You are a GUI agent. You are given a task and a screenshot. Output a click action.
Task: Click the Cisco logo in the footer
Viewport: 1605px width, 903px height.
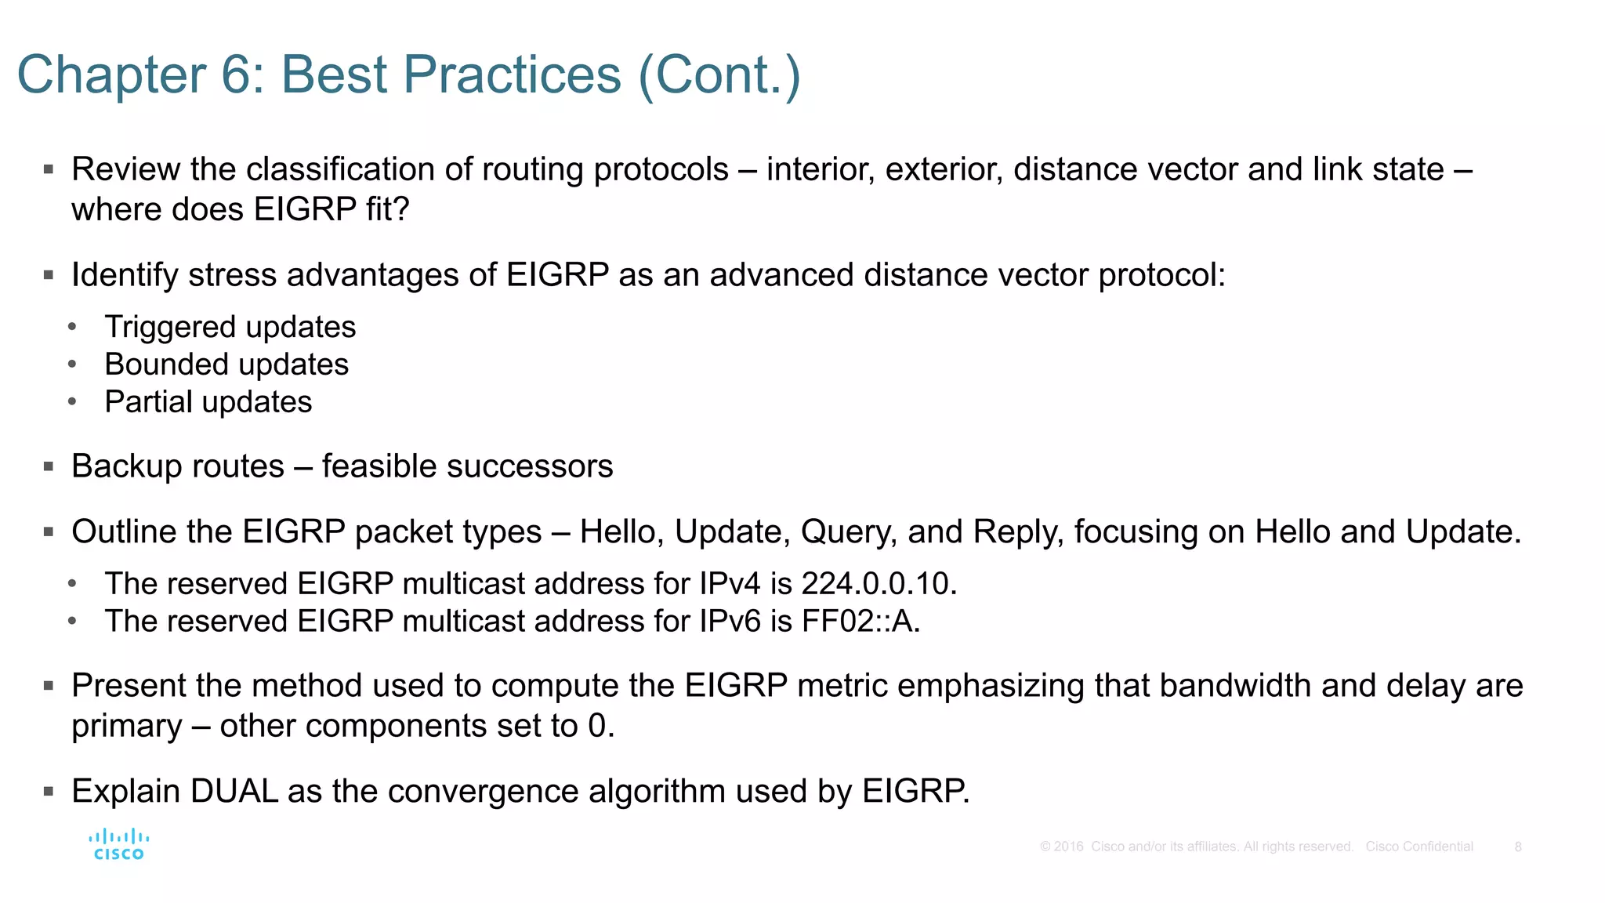point(118,844)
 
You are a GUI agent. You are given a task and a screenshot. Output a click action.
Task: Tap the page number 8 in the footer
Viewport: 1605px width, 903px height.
point(1518,847)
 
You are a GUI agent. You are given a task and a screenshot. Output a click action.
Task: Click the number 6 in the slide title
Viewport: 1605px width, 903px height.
point(237,75)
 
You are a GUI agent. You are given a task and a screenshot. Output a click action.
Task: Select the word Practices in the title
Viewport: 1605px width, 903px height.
point(513,75)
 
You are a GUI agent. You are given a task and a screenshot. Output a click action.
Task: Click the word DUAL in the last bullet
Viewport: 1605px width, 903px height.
point(234,791)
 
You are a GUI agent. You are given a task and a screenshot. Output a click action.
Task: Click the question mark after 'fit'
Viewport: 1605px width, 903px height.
point(401,209)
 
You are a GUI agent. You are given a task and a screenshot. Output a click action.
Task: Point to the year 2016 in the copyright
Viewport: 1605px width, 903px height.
point(1068,847)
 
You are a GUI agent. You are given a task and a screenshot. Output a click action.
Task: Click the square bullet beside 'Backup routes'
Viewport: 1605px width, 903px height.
point(49,467)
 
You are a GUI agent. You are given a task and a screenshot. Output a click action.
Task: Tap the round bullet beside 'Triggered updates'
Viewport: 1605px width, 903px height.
point(72,327)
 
